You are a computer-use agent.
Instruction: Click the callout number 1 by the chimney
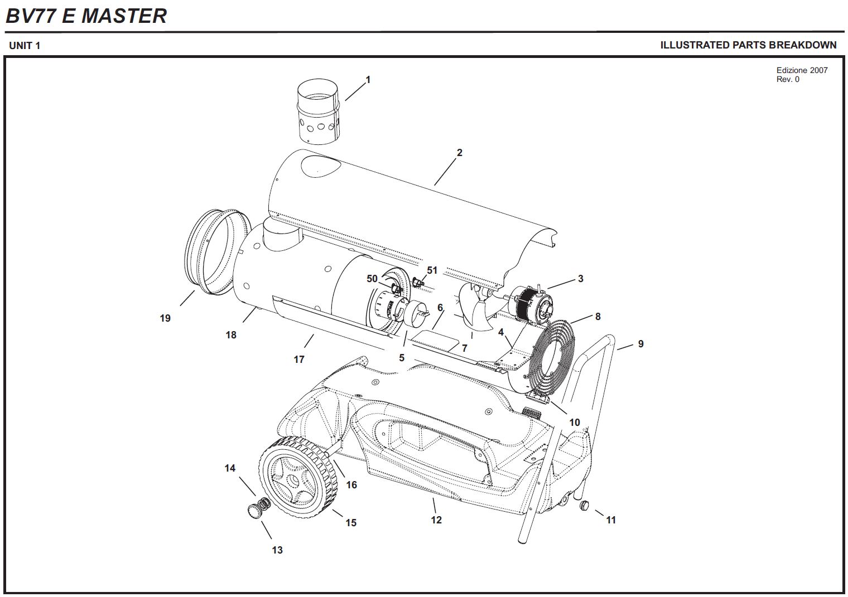[x=368, y=80]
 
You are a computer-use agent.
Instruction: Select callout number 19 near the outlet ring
[x=165, y=318]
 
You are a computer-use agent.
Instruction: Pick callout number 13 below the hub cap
[x=277, y=550]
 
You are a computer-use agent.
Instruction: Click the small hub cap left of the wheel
[x=254, y=511]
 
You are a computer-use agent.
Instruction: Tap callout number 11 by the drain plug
[x=611, y=520]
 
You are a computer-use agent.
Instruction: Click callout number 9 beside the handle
[x=641, y=344]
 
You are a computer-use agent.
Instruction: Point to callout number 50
[x=372, y=279]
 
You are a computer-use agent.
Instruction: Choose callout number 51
[x=432, y=270]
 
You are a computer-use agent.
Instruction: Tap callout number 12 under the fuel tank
[x=436, y=520]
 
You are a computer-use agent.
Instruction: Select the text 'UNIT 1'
[x=25, y=46]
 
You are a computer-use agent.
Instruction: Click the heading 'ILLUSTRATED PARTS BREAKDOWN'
[x=748, y=45]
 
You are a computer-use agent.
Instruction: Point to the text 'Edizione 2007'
[x=802, y=70]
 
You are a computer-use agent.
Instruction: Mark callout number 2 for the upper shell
[x=459, y=153]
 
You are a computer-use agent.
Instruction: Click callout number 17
[x=299, y=360]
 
